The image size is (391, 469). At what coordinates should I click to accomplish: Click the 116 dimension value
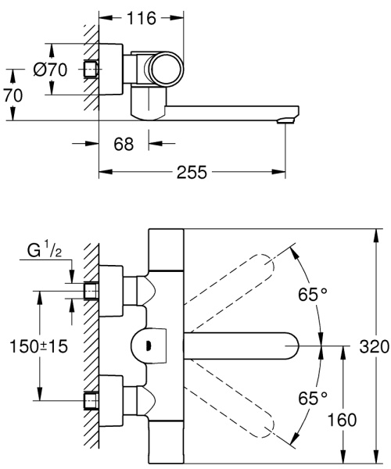(x=142, y=18)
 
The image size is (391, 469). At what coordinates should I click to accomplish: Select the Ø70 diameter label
(x=50, y=70)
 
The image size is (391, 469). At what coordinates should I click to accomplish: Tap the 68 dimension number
(x=124, y=144)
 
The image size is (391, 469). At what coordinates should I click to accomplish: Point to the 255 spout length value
(x=192, y=172)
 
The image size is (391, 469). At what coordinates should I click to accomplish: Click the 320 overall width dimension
(x=375, y=346)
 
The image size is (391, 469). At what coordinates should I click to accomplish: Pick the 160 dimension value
(x=343, y=420)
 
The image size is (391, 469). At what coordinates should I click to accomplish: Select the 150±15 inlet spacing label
(x=39, y=346)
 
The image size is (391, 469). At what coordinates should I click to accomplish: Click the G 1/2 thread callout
(x=45, y=250)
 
